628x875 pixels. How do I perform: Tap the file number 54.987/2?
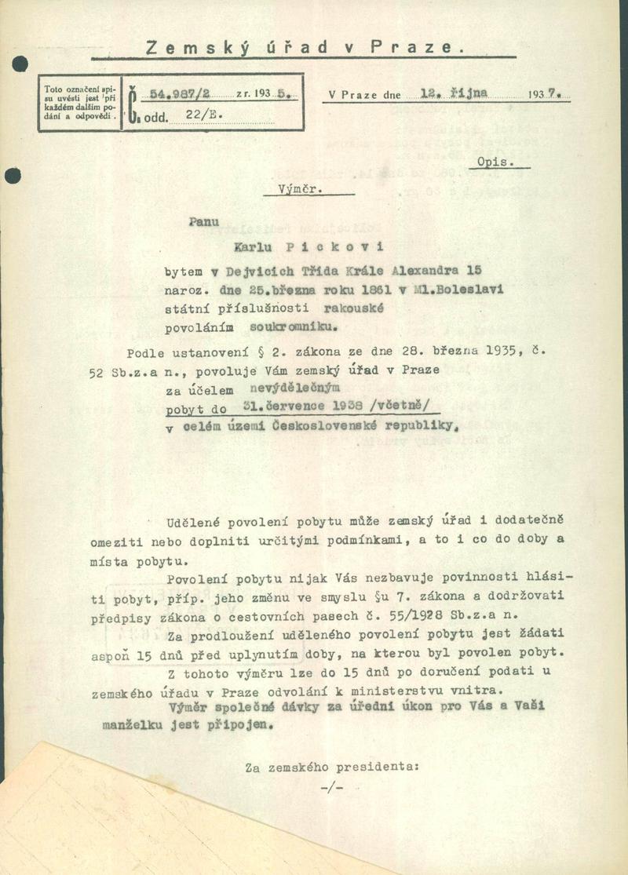tap(175, 93)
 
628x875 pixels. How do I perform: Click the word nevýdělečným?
tap(294, 388)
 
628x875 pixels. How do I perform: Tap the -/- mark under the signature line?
tap(332, 787)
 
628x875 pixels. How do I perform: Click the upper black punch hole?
tap(20, 64)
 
